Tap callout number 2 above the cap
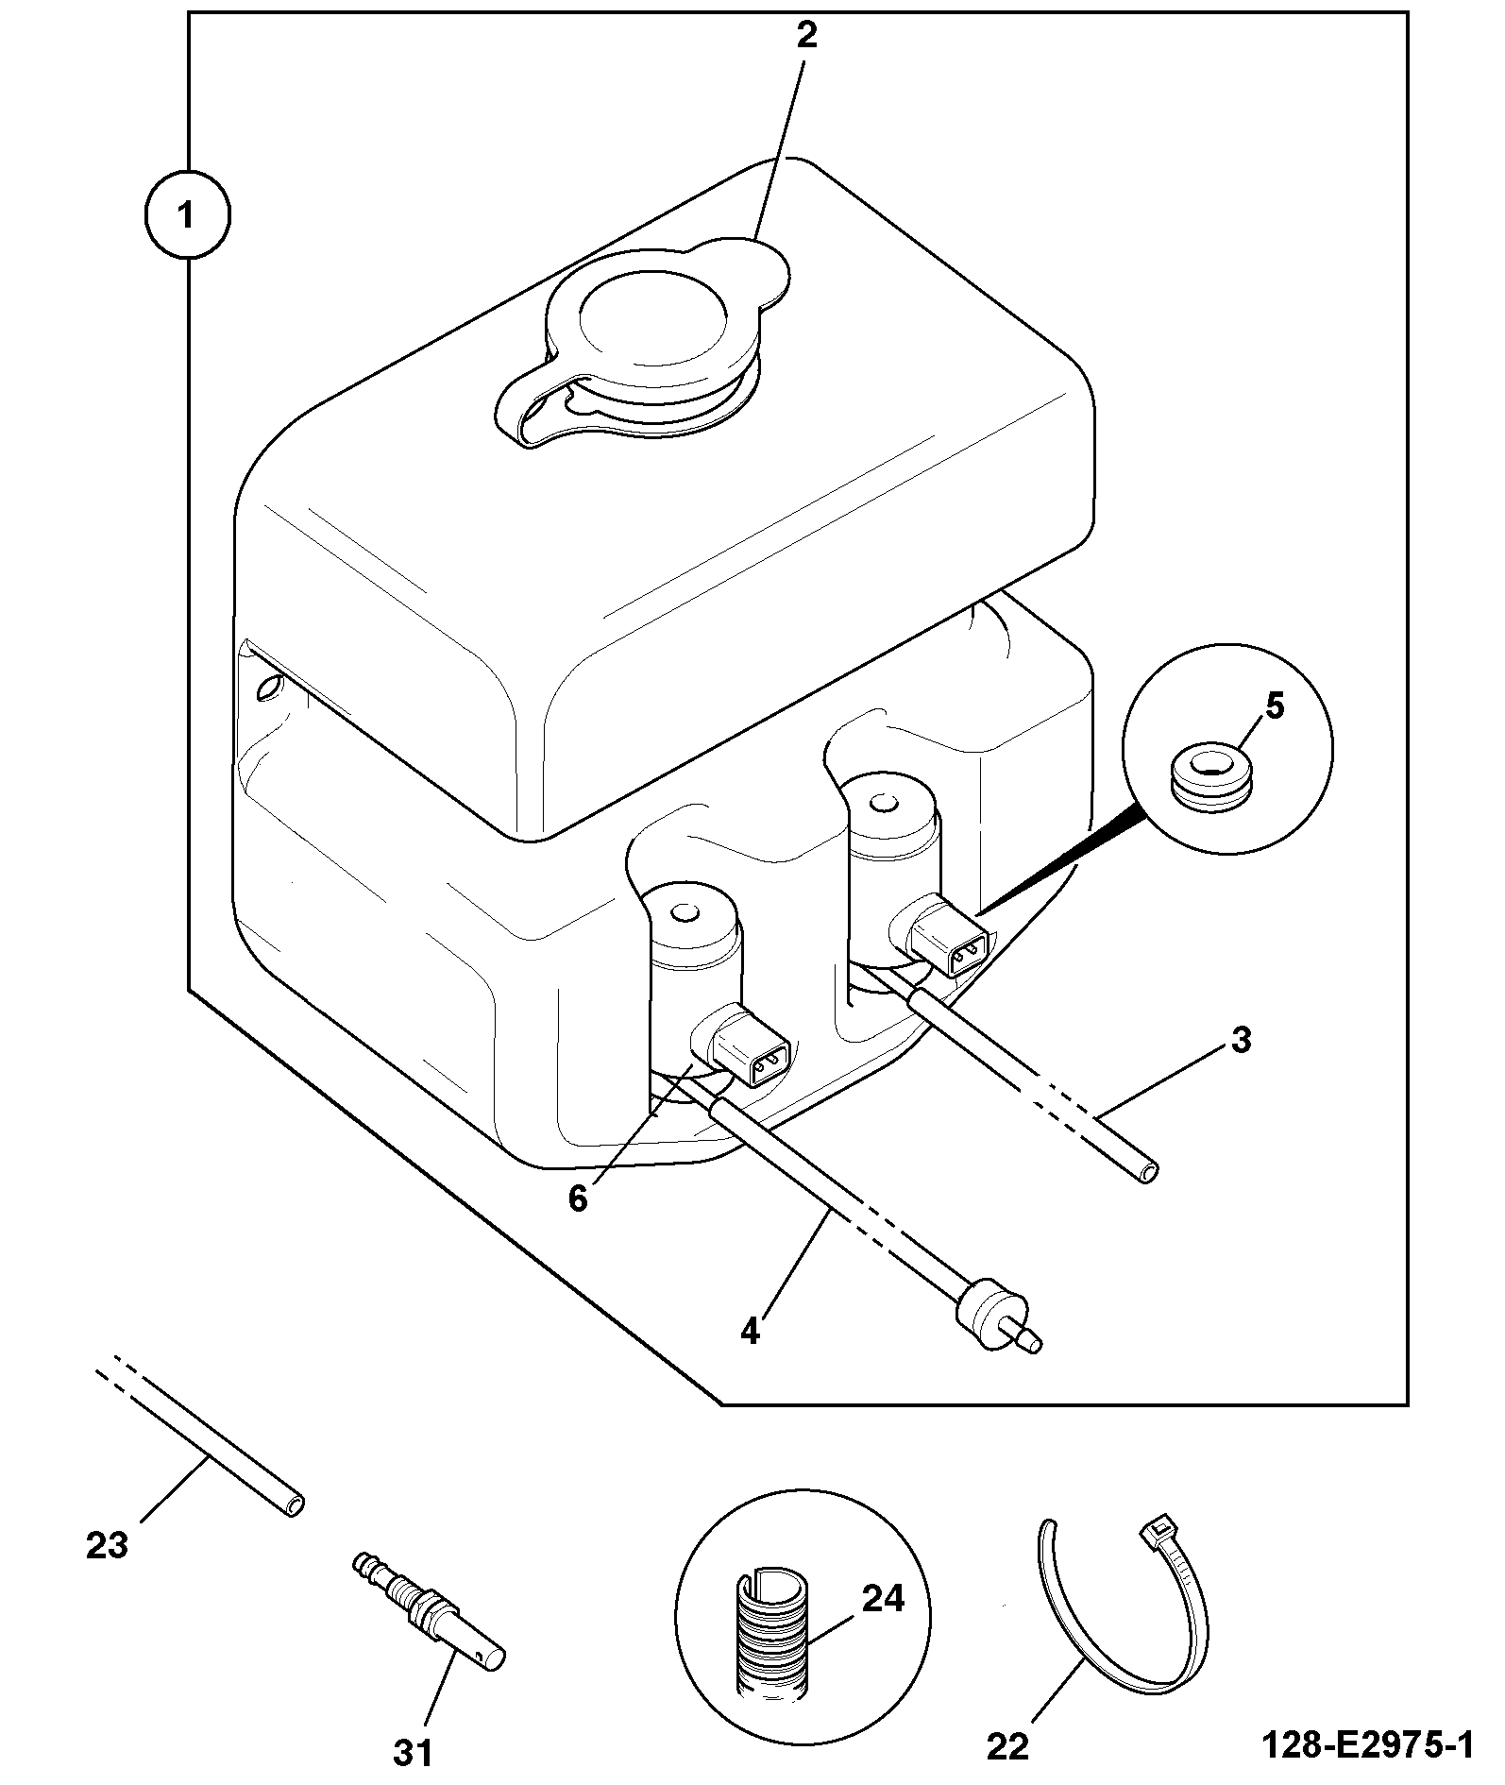(805, 35)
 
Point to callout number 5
(1274, 707)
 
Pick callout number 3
(1241, 1040)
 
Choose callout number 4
(750, 1332)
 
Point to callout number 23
(106, 1546)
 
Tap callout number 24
(882, 1599)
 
